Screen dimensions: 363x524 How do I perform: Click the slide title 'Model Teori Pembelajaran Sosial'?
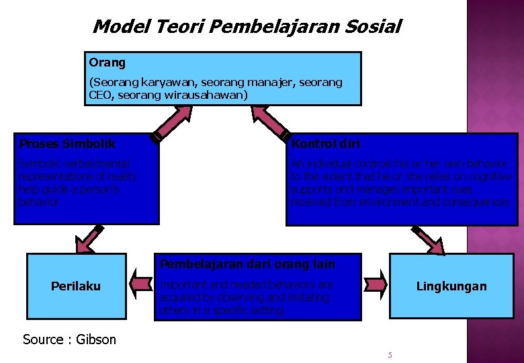pyautogui.click(x=247, y=27)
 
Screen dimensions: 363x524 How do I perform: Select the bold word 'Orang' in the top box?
pyautogui.click(x=107, y=63)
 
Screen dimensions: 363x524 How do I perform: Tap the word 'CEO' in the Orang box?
pyautogui.click(x=99, y=95)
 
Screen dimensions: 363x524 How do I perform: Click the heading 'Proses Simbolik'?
pyautogui.click(x=67, y=144)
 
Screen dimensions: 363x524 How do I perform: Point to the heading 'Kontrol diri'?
pyautogui.click(x=326, y=144)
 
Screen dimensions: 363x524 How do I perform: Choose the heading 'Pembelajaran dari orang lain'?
pyautogui.click(x=247, y=264)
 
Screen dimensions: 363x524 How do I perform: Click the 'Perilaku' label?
pyautogui.click(x=76, y=286)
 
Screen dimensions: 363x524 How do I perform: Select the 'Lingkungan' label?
pyautogui.click(x=451, y=286)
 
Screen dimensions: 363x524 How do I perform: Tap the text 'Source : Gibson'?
pyautogui.click(x=69, y=339)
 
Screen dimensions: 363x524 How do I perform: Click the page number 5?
pyautogui.click(x=390, y=354)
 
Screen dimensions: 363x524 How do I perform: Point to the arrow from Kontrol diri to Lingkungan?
pyautogui.click(x=428, y=241)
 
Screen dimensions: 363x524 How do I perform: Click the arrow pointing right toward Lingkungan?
pyautogui.click(x=375, y=285)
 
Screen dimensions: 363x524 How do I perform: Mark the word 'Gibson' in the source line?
pyautogui.click(x=95, y=339)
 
